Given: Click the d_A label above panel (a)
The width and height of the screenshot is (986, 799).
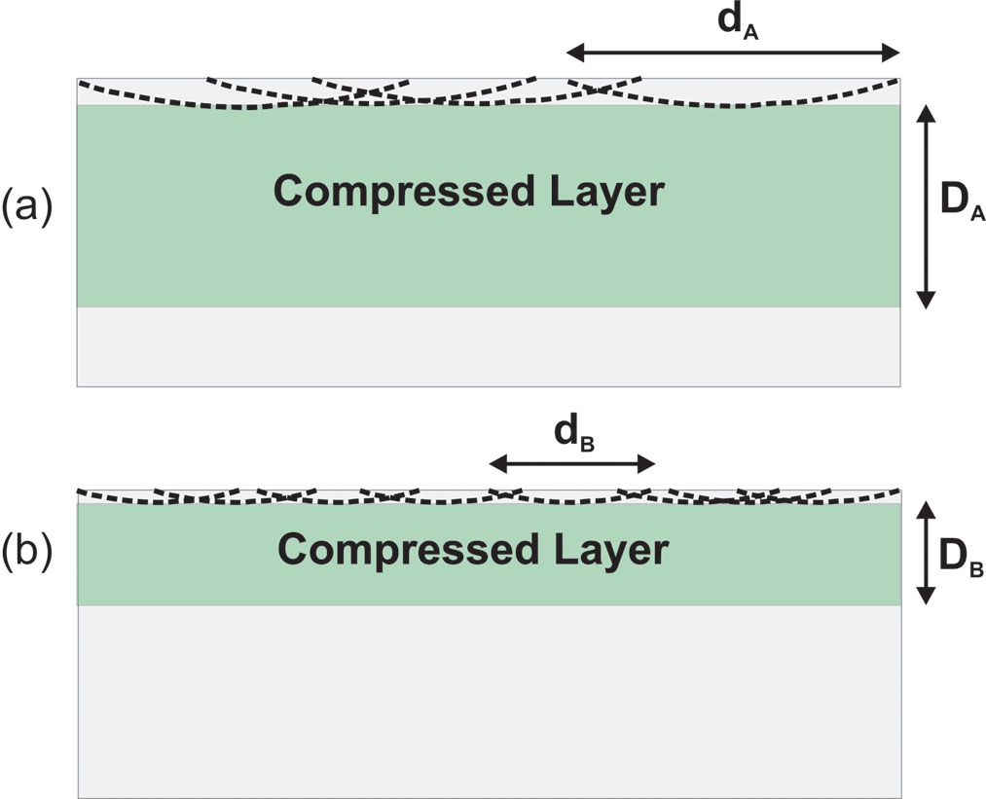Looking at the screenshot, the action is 738,24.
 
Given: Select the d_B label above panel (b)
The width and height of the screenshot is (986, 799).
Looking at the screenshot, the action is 574,434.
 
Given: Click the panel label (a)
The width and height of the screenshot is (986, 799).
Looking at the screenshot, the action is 26,207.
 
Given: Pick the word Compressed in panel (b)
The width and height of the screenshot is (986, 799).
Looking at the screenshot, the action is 409,551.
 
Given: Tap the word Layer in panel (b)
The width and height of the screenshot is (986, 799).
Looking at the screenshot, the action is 611,552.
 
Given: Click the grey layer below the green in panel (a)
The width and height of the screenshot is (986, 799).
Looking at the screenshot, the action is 489,346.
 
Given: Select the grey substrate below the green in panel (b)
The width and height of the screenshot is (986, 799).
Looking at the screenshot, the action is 490,702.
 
